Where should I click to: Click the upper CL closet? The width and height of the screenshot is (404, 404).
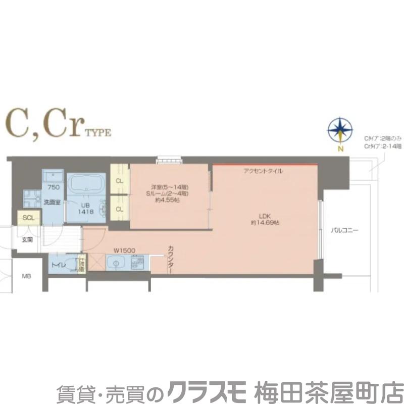pos(120,181)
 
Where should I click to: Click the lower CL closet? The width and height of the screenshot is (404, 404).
pos(120,209)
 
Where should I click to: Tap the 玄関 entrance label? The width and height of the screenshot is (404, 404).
pos(27,240)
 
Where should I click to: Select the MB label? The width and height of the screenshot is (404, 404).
pos(26,276)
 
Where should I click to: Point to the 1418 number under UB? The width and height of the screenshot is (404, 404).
pos(85,213)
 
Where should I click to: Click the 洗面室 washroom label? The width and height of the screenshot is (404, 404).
pos(52,203)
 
